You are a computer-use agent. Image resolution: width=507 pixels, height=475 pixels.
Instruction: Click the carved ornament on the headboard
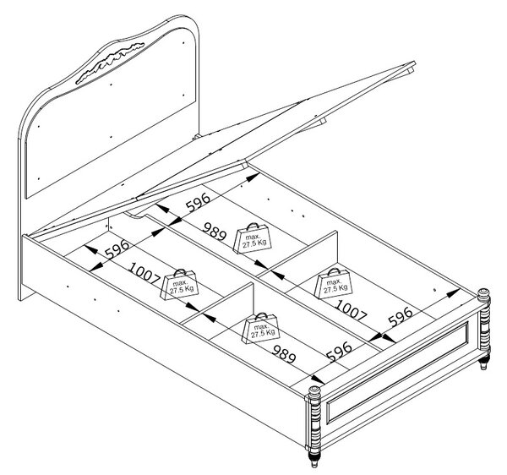tap(110, 63)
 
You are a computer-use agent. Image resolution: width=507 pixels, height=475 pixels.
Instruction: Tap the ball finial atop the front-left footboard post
tap(314, 392)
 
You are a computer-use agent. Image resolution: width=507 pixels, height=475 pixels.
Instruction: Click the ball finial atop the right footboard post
tap(483, 293)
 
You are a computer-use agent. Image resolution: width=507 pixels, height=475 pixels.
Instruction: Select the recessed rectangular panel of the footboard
tap(398, 373)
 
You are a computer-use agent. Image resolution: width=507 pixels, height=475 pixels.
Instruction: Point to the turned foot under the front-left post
tap(314, 458)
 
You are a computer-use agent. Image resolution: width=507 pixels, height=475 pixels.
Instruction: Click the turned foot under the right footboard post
tap(483, 362)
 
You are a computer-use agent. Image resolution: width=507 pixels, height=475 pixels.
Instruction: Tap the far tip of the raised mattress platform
tap(414, 63)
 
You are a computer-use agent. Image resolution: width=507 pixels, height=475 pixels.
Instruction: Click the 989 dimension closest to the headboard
tap(214, 232)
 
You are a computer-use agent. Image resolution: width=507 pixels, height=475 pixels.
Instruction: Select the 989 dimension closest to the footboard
tap(284, 354)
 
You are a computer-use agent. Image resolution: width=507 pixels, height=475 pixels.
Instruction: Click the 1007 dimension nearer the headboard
tap(144, 274)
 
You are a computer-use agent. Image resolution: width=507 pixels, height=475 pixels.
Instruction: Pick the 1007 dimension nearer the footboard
tap(352, 310)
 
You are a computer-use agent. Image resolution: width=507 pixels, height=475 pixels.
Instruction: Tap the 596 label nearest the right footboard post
tap(401, 316)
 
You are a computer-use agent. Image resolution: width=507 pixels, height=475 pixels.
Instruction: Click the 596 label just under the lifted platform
tap(198, 202)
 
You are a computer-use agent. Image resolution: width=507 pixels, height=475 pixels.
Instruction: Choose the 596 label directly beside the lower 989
tap(339, 351)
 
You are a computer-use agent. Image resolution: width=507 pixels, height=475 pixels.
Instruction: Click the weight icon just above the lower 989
tap(261, 328)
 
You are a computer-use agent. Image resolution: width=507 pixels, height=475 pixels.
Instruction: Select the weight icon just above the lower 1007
tap(334, 283)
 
